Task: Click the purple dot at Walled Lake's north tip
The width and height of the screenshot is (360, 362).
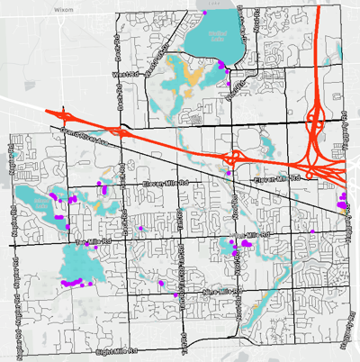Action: pos(205,14)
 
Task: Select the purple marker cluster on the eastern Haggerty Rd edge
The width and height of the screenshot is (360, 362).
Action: pos(343,201)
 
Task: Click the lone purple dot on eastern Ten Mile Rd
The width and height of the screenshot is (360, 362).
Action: pos(312,232)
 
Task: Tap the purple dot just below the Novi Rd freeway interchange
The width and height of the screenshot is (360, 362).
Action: pos(229,172)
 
